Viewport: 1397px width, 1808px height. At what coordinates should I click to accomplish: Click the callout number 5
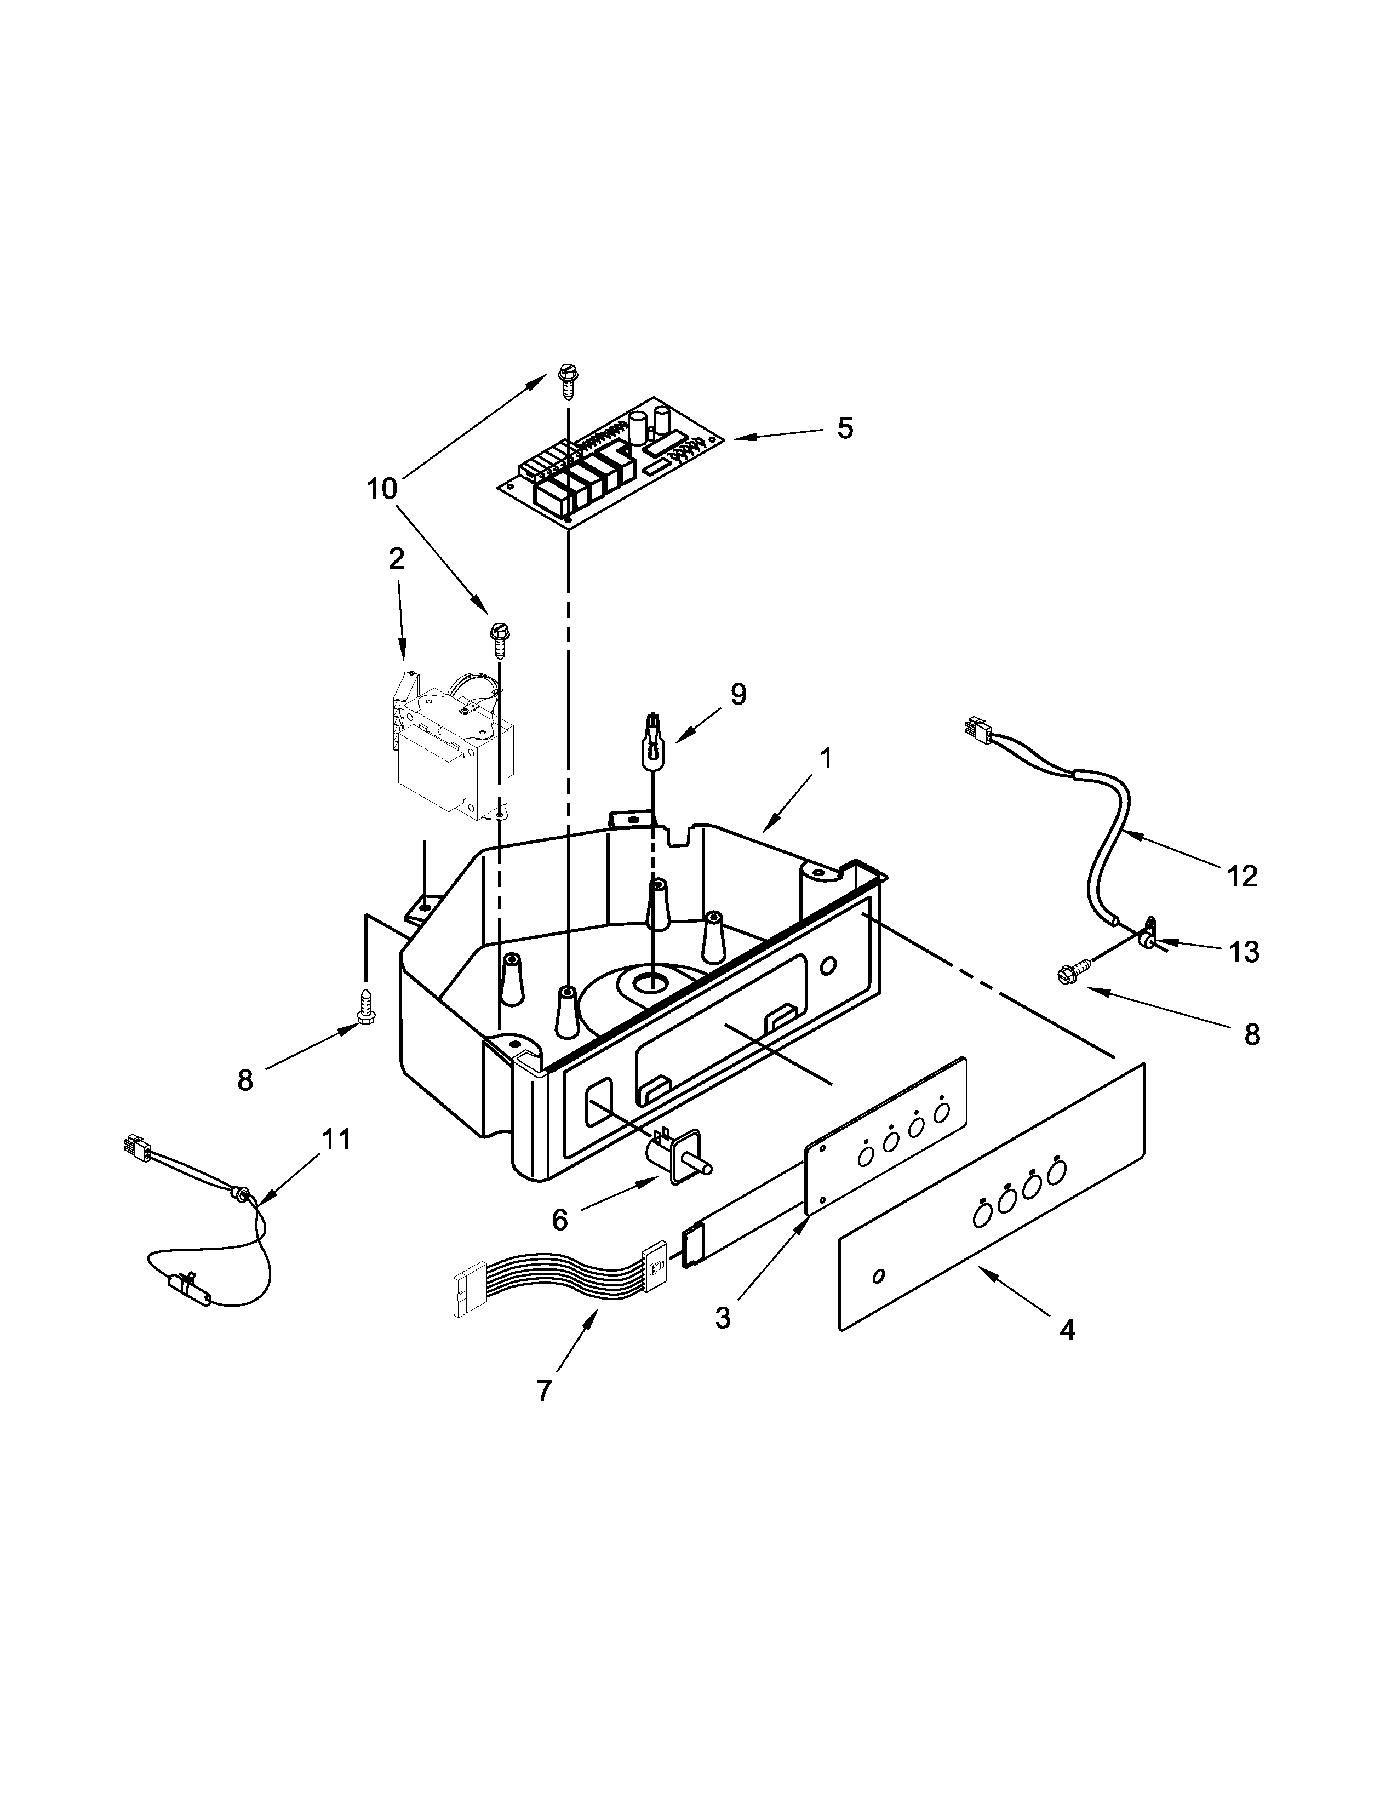844,428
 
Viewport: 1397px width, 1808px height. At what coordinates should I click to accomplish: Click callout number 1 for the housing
826,758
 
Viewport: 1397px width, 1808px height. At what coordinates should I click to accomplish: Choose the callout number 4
1067,1330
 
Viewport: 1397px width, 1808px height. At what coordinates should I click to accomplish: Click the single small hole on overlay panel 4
879,1275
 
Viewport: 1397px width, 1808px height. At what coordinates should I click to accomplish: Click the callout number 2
397,559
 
